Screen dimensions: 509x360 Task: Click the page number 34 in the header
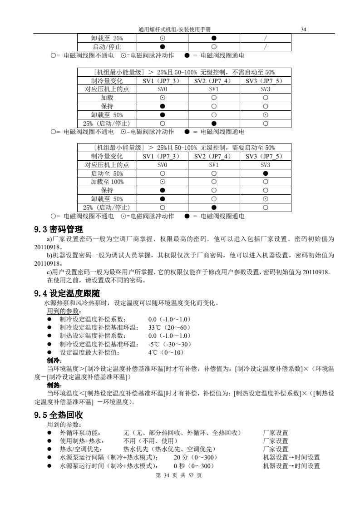(304, 30)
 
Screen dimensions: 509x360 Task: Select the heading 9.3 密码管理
(59, 229)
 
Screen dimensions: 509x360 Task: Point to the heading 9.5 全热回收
(59, 415)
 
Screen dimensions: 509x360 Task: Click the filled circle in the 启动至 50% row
(266, 173)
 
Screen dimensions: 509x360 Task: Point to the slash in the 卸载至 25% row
(266, 38)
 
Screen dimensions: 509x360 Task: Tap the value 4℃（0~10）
(165, 352)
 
